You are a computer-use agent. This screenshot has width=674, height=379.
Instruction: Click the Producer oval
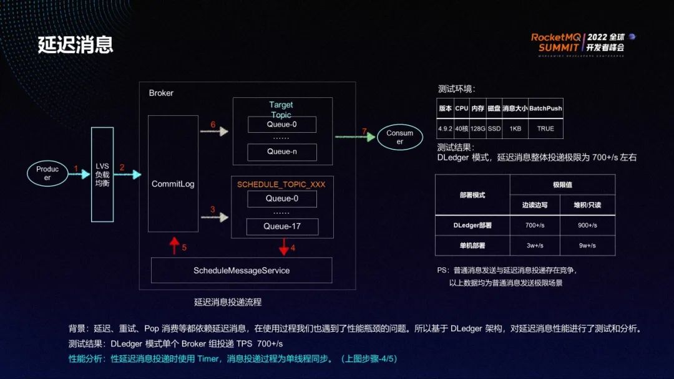pyautogui.click(x=47, y=173)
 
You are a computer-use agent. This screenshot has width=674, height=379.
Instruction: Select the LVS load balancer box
pyautogui.click(x=102, y=174)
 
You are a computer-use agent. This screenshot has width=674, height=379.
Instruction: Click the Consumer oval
pyautogui.click(x=399, y=137)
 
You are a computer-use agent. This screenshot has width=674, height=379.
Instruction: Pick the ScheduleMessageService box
pyautogui.click(x=242, y=271)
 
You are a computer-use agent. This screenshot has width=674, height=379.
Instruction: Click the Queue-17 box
pyautogui.click(x=282, y=226)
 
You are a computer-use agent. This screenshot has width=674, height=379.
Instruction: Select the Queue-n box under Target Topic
pyautogui.click(x=282, y=151)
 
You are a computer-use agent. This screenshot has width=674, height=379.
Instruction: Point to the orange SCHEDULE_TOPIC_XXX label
pyautogui.click(x=281, y=185)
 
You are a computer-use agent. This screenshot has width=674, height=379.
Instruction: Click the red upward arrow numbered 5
pyautogui.click(x=175, y=245)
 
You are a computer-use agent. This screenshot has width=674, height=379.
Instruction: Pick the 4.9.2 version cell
pyautogui.click(x=445, y=128)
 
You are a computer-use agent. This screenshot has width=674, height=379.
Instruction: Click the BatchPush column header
pyautogui.click(x=545, y=108)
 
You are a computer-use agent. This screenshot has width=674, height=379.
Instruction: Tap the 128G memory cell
pyautogui.click(x=478, y=128)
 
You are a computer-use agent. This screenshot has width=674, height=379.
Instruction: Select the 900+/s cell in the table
pyautogui.click(x=587, y=225)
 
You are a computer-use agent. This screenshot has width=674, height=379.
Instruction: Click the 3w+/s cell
pyautogui.click(x=535, y=246)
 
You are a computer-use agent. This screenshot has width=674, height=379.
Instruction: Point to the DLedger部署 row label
pyautogui.click(x=472, y=225)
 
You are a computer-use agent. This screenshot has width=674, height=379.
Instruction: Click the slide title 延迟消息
pyautogui.click(x=75, y=45)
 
